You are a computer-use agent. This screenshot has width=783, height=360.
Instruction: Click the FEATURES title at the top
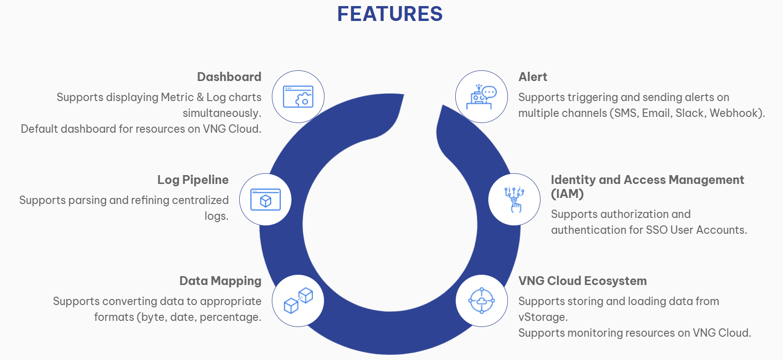390,14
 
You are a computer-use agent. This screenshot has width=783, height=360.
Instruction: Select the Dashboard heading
229,77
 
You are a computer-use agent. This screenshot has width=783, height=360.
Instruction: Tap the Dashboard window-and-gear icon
298,97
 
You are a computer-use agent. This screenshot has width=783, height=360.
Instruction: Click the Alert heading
533,77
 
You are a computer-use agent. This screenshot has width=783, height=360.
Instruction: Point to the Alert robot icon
481,97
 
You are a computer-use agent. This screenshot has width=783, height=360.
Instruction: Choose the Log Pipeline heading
193,180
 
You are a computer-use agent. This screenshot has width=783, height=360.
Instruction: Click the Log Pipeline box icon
265,200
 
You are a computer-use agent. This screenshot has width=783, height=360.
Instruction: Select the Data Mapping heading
220,281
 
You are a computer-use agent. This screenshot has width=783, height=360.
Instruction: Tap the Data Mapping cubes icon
298,301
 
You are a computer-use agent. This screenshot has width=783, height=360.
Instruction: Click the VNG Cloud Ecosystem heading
582,281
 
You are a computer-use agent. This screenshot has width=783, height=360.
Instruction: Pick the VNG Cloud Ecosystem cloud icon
481,301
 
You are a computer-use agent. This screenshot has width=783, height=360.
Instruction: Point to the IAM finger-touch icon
514,200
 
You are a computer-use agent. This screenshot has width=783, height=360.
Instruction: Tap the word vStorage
542,317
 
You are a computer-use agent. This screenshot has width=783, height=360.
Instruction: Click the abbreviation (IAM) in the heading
567,194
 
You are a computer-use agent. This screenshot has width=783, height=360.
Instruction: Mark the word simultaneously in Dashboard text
221,113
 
